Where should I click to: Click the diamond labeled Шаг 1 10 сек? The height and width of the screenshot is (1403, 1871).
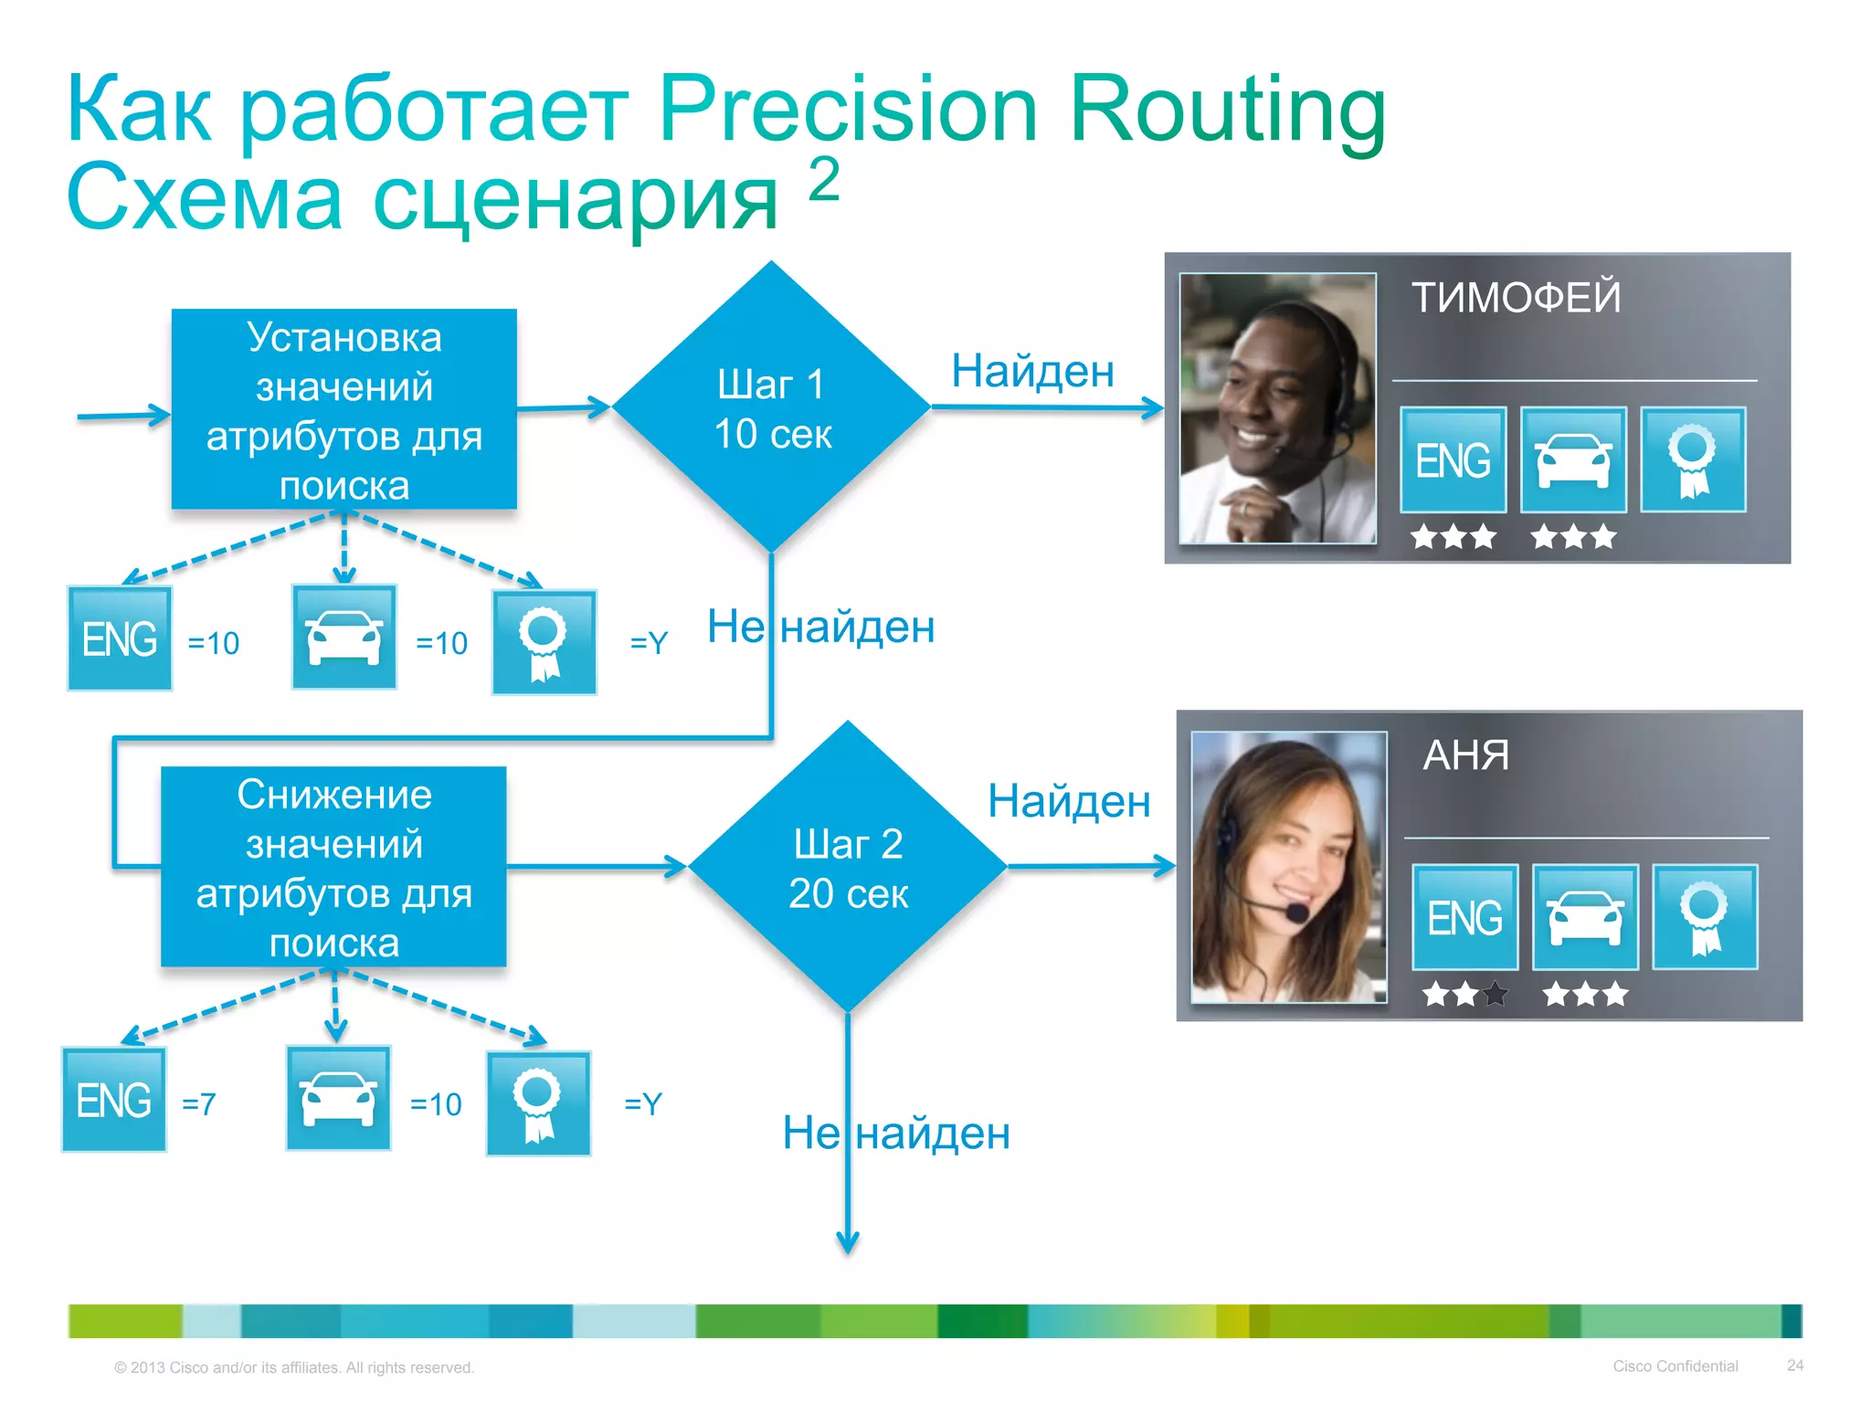[x=772, y=407]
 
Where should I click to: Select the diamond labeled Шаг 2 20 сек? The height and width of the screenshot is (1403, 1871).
[x=848, y=867]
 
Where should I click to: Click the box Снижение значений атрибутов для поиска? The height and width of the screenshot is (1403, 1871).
[x=333, y=867]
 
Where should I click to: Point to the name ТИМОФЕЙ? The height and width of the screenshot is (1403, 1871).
[x=1516, y=298]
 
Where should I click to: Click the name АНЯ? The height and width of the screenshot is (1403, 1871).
[x=1465, y=755]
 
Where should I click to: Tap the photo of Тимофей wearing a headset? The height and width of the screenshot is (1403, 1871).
[x=1277, y=408]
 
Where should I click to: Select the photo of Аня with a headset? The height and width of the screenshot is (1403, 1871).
[x=1288, y=867]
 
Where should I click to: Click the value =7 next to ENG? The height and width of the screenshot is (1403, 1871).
[x=198, y=1104]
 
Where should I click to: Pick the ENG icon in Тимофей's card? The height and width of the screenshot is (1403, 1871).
[x=1453, y=459]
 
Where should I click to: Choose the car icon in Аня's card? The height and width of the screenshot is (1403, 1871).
[x=1584, y=917]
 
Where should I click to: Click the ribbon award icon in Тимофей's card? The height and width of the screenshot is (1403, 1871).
[x=1692, y=459]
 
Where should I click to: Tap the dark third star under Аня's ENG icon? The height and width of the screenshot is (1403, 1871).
[x=1496, y=994]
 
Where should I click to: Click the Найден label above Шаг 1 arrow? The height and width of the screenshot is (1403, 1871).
[x=1032, y=371]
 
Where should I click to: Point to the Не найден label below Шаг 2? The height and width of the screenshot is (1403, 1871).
[x=896, y=1134]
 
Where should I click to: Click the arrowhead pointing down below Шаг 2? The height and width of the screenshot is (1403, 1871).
[x=848, y=1243]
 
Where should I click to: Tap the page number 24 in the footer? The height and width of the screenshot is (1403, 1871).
[x=1794, y=1366]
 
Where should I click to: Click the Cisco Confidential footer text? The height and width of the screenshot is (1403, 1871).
[x=1675, y=1366]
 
